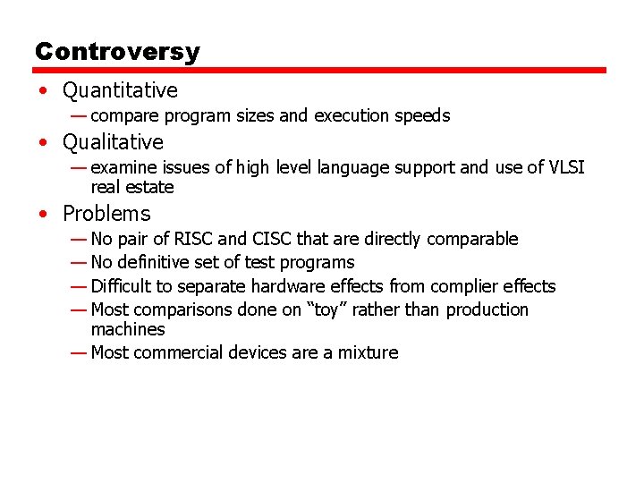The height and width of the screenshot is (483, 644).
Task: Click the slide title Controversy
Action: [117, 51]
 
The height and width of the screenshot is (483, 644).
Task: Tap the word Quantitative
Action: [120, 90]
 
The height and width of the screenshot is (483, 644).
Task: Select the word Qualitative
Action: [113, 142]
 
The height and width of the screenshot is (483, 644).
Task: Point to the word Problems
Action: [106, 214]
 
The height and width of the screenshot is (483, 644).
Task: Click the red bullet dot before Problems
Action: [44, 214]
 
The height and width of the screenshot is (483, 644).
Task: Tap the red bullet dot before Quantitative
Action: [44, 90]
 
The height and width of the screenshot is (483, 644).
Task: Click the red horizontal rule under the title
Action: [320, 70]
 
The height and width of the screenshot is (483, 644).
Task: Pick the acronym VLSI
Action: [566, 167]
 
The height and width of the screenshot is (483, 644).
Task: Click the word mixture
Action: [368, 352]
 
